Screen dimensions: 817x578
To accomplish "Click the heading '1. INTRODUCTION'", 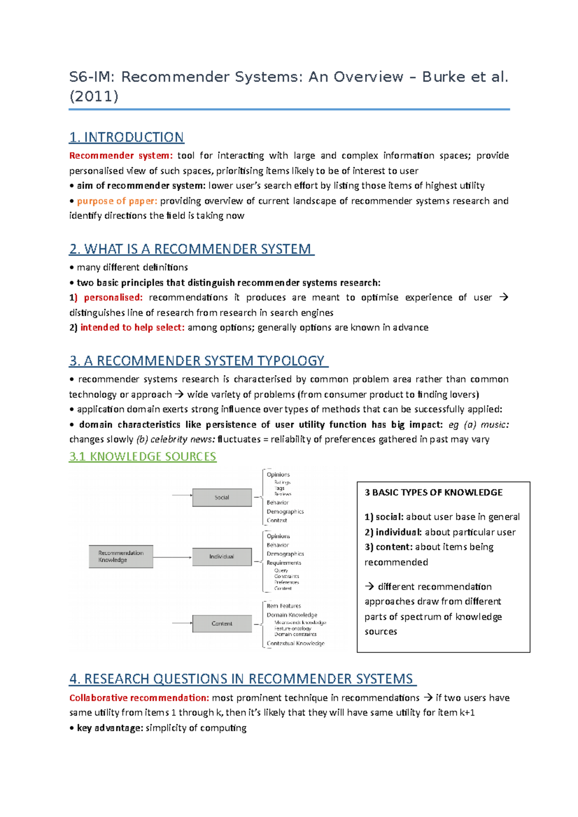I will click(126, 137).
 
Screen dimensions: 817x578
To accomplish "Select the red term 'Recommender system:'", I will click(120, 155).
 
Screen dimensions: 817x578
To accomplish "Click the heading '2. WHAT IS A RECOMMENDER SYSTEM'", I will click(191, 249).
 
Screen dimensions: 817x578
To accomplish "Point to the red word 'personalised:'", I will click(113, 297).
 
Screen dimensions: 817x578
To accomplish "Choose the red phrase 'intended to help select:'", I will click(132, 327).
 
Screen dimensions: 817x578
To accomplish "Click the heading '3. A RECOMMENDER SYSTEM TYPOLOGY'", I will click(198, 361).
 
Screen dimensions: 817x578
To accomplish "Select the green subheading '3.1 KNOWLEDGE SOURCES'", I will click(143, 456).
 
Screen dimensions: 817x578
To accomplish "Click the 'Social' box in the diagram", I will click(222, 498).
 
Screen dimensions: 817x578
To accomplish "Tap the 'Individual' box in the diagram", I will click(222, 557).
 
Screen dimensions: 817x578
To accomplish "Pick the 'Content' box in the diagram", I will click(222, 624).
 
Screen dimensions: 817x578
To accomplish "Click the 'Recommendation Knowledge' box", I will click(120, 557).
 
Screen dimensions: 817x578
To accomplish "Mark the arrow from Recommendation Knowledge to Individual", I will click(172, 557).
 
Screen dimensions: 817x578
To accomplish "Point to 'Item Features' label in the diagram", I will click(284, 606).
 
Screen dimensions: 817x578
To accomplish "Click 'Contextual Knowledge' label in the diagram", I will click(295, 643).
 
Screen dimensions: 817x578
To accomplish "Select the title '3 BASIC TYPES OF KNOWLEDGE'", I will click(433, 492).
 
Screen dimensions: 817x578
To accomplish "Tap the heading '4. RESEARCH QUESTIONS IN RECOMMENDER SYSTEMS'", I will click(242, 679).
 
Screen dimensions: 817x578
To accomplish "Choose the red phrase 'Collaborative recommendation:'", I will click(139, 698).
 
